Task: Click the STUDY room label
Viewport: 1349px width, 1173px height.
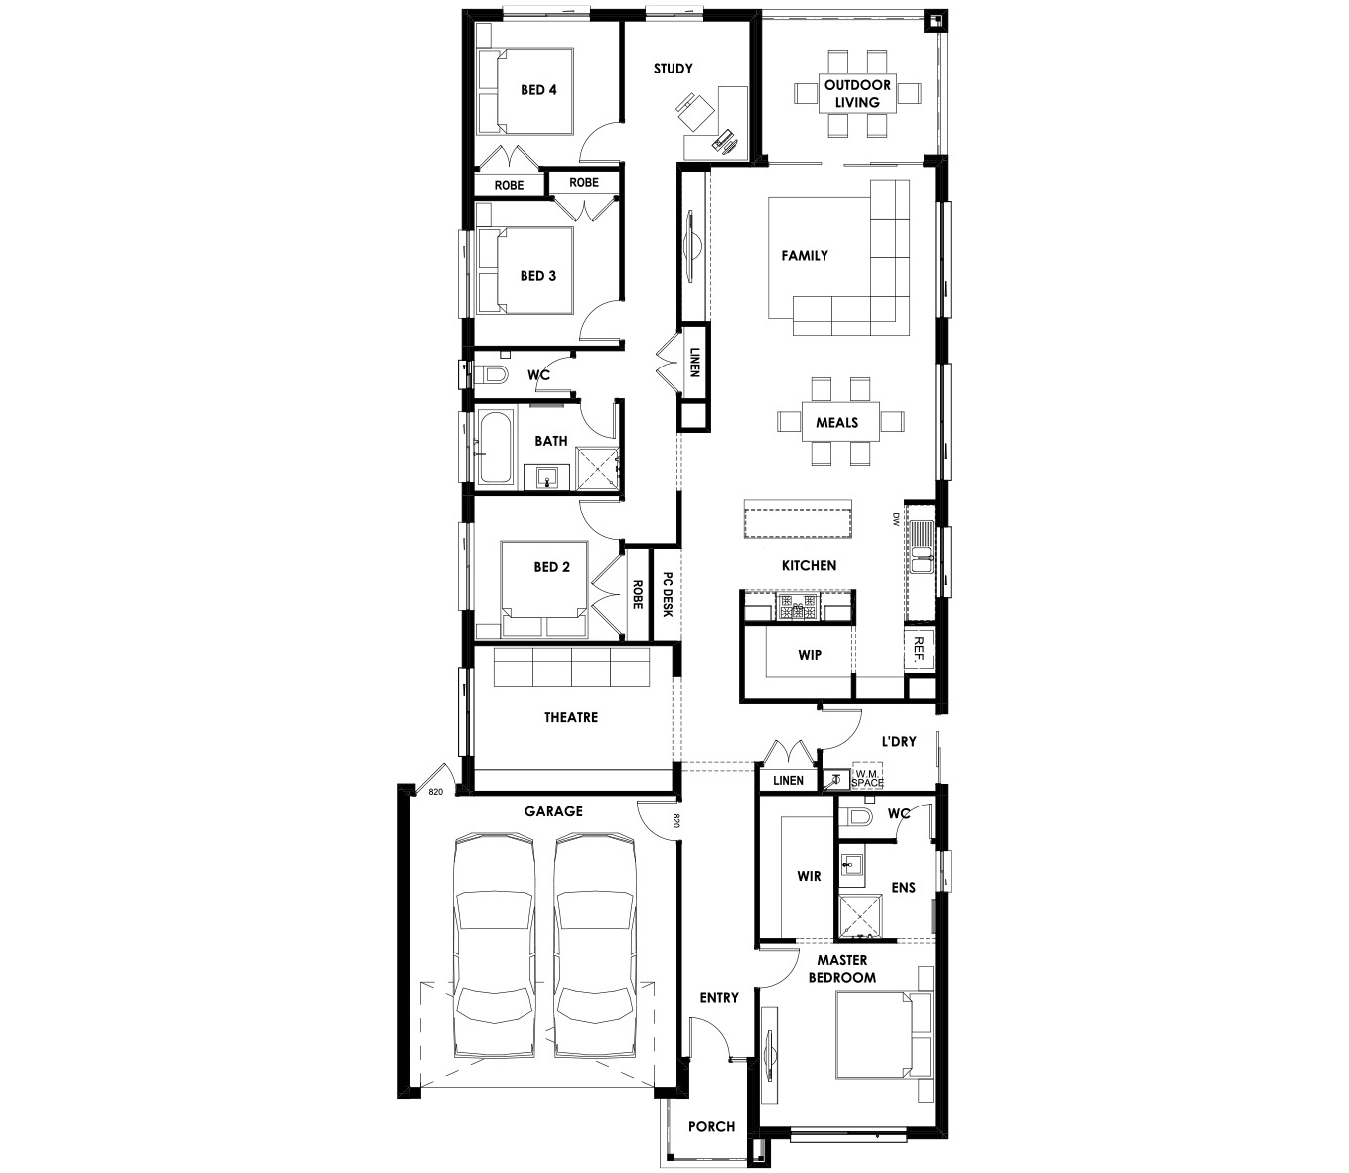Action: click(673, 69)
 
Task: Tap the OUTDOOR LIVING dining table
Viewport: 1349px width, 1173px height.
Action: click(857, 93)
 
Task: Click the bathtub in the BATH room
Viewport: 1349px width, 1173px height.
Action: click(495, 448)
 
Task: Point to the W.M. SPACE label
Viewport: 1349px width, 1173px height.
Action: click(867, 779)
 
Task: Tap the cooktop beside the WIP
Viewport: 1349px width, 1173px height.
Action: click(798, 606)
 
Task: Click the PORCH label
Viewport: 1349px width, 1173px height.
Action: click(711, 1127)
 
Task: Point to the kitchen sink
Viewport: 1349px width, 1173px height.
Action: click(921, 546)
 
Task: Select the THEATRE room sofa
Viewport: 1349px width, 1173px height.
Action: click(571, 666)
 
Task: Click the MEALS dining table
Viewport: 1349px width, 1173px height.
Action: click(840, 422)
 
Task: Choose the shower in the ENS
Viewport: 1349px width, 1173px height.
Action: click(860, 916)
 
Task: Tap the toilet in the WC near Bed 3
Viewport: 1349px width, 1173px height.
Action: click(491, 376)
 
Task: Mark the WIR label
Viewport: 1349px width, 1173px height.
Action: click(809, 876)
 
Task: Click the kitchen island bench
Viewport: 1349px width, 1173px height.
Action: click(798, 518)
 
